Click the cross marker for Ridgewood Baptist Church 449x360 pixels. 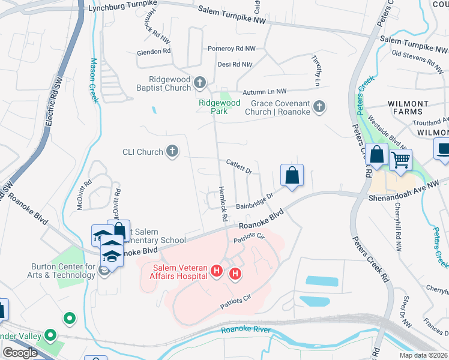200,82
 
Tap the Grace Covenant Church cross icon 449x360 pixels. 319,107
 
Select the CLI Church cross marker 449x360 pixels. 172,152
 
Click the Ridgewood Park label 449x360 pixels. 220,106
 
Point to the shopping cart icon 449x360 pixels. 400,160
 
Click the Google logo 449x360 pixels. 19,353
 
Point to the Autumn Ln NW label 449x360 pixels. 265,92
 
